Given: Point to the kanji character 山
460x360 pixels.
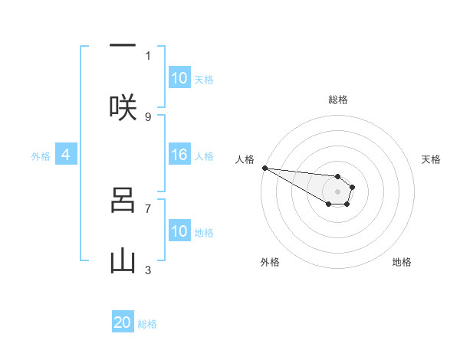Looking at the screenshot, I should [x=123, y=261].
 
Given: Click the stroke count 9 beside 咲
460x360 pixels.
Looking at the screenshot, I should [x=148, y=117].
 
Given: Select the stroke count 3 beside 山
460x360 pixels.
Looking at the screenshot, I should [x=148, y=270].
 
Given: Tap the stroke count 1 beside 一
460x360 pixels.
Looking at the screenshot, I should [x=148, y=55].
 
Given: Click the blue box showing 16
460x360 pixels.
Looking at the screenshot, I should [x=179, y=155].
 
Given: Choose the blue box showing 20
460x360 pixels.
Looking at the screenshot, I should [x=123, y=323].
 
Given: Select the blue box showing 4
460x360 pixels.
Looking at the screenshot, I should [x=66, y=155].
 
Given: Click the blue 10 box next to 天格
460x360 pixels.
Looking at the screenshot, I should [x=179, y=78].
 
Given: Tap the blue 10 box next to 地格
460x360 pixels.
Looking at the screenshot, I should [x=179, y=232].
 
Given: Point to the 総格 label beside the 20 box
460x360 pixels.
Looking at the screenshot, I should [x=147, y=324].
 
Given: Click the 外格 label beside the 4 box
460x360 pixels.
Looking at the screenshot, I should [x=41, y=156].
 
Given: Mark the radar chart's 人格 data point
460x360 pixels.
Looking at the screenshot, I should [x=264, y=168].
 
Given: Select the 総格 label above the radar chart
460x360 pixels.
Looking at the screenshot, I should [x=337, y=100].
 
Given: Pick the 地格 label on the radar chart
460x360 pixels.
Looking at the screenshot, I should [x=402, y=262].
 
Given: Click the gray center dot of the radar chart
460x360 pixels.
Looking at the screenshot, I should [x=337, y=191].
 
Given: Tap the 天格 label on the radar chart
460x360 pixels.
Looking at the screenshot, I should [x=431, y=159].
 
